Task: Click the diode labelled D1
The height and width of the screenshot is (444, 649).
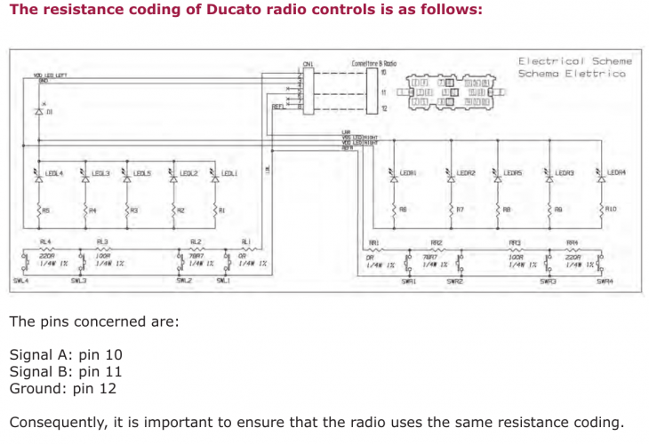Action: [x=39, y=113]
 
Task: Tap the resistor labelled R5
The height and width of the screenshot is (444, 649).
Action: [x=39, y=210]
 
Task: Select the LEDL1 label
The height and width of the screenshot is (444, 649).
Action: [x=228, y=173]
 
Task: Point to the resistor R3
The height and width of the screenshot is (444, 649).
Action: [x=128, y=210]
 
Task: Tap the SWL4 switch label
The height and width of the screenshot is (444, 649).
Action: [x=20, y=281]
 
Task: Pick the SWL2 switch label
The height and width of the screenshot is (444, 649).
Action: [x=183, y=281]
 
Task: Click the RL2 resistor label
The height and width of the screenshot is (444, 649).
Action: [x=196, y=242]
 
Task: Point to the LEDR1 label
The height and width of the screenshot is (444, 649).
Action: [x=409, y=173]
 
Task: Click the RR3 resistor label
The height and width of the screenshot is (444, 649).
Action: [x=515, y=242]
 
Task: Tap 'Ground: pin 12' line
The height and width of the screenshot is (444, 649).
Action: [x=62, y=388]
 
